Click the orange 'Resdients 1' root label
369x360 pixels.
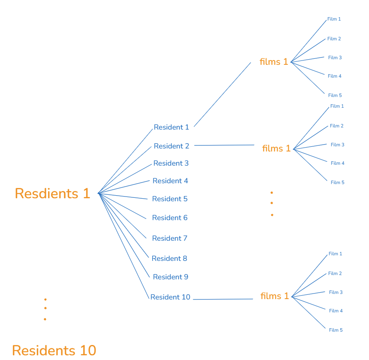tap(52, 194)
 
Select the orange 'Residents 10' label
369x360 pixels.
tap(54, 350)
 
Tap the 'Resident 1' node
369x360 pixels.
tap(171, 127)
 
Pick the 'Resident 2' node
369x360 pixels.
tap(171, 146)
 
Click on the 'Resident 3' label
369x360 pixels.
tap(171, 163)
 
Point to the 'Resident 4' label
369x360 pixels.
tap(170, 181)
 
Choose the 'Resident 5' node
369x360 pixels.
tap(170, 199)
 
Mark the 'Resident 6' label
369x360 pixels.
tap(170, 218)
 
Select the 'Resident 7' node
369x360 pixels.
tap(170, 238)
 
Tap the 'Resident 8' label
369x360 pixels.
tap(169, 258)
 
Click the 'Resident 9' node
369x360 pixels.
tap(170, 277)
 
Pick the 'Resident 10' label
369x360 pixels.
tap(170, 297)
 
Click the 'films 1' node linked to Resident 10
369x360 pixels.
tap(275, 296)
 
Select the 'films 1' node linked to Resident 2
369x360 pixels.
tap(276, 148)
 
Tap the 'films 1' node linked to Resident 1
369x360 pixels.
tap(274, 62)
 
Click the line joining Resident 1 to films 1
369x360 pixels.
tap(222, 94)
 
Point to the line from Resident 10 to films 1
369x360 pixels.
tap(223, 299)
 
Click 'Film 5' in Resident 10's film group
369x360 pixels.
tap(336, 330)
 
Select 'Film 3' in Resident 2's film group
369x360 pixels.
tap(337, 145)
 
